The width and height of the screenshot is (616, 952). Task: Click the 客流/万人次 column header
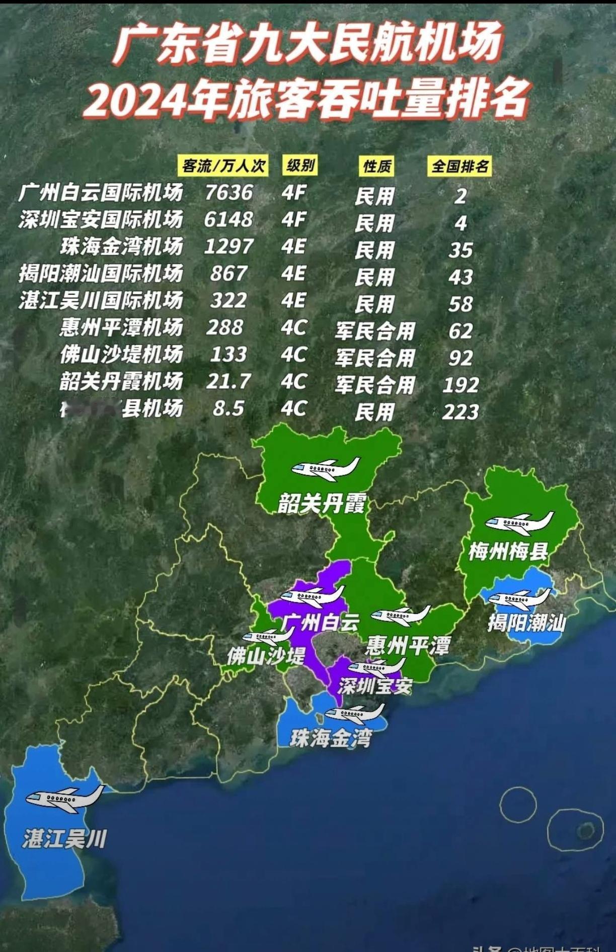tap(223, 165)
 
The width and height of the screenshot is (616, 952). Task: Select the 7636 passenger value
tap(229, 193)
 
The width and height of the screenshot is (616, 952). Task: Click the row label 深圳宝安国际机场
tap(101, 220)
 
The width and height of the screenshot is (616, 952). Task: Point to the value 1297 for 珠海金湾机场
tap(229, 246)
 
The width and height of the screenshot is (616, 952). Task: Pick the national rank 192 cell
tap(460, 385)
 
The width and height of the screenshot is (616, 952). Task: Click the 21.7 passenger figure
tap(228, 381)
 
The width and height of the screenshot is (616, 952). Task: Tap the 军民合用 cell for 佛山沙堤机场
tap(375, 358)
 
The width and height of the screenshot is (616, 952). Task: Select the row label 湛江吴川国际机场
tap(101, 301)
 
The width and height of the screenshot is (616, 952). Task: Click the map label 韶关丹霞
tap(322, 503)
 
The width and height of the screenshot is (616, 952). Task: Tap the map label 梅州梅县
tap(508, 551)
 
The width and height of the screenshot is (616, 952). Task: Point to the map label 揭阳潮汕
tap(526, 623)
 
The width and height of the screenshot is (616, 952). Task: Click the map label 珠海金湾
tap(331, 738)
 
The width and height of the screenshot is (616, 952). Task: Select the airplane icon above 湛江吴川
tap(64, 798)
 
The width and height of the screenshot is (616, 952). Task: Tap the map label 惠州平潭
tap(408, 645)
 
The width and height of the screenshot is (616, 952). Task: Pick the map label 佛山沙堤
tap(266, 656)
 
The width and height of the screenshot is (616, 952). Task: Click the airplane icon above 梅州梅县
tap(519, 523)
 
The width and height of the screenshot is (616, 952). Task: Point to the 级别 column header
tap(300, 165)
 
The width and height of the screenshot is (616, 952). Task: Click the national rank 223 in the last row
tap(460, 412)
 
